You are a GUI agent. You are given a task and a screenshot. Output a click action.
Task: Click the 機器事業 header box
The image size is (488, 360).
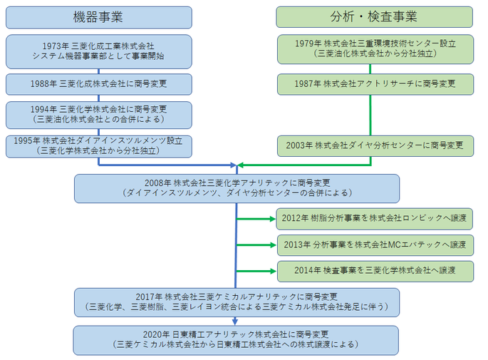98,16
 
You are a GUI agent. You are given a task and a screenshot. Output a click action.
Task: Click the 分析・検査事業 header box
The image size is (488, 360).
374,16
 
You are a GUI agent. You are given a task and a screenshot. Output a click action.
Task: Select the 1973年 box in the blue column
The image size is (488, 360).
98,51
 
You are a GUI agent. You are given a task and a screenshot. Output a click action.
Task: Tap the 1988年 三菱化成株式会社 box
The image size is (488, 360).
98,84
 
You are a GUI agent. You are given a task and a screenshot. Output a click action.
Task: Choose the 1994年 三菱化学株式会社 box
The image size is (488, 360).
98,114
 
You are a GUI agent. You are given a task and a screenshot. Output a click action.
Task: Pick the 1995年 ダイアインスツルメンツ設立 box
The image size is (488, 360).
98,145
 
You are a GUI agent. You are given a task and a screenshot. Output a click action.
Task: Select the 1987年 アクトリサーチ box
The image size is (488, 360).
374,84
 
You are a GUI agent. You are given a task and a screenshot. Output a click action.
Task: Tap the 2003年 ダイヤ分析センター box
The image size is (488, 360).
374,145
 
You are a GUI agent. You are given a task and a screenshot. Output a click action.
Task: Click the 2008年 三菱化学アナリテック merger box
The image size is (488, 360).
237,187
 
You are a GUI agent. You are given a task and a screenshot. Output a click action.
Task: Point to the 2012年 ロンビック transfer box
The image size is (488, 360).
374,219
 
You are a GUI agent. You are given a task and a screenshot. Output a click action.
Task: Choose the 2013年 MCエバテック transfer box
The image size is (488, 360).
374,245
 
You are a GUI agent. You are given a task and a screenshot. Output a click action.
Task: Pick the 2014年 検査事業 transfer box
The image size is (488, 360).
374,271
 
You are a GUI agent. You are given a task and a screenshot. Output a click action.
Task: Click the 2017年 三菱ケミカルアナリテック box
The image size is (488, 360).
237,302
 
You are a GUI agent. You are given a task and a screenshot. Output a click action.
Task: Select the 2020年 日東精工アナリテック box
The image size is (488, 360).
237,340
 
